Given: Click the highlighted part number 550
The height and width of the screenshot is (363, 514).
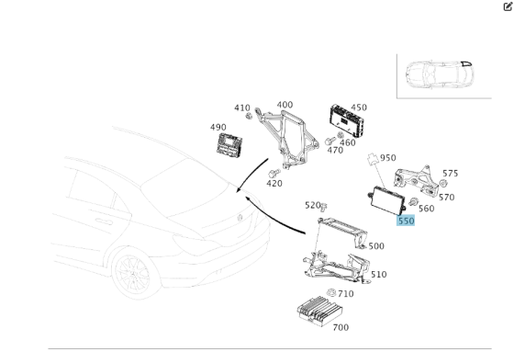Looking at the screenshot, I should [x=406, y=221].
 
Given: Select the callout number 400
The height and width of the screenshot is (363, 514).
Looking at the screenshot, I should [x=285, y=106].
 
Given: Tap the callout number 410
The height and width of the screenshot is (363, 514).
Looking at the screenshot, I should [x=241, y=108].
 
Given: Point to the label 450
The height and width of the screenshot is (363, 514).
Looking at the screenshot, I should [x=358, y=108].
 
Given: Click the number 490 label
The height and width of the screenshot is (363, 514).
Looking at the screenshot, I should [x=218, y=128].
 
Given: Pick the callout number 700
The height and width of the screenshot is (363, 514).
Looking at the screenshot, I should [x=340, y=327].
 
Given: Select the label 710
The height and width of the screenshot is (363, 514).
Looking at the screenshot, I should [x=345, y=294].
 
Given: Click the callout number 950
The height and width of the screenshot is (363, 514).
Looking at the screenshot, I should [x=388, y=158].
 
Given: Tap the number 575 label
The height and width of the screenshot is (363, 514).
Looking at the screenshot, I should [x=450, y=173].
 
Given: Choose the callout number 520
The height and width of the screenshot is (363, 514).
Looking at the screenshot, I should [x=312, y=205].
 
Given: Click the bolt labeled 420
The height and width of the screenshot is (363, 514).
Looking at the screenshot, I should [x=273, y=172].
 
